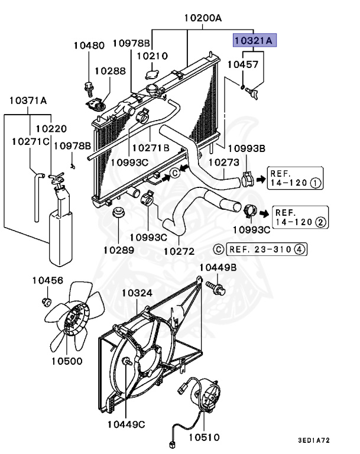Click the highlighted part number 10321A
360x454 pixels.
point(253,40)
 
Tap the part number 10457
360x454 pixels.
point(243,64)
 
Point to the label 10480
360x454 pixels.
point(89,46)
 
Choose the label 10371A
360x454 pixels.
point(27,100)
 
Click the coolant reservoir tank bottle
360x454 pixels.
point(59,228)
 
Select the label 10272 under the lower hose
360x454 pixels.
point(179,251)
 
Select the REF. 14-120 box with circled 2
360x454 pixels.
point(300,217)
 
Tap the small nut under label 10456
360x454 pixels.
point(46,303)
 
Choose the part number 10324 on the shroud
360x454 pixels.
point(137,293)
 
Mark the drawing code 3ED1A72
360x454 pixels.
point(314,440)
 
